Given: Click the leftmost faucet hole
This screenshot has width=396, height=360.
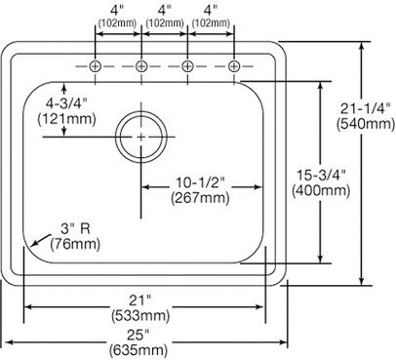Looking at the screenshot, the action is point(95,66).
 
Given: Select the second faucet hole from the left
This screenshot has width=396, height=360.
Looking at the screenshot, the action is point(141,66).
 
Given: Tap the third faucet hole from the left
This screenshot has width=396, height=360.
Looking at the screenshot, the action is point(187,66).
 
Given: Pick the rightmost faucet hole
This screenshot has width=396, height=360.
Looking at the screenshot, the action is point(234,66).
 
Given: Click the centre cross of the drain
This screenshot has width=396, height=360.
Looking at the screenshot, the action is point(141,138).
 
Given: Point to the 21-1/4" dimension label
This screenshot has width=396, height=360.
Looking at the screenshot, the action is point(366,108).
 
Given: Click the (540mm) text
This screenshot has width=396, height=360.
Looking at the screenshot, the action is point(366,124).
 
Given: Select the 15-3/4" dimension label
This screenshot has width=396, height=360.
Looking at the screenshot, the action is point(321,176).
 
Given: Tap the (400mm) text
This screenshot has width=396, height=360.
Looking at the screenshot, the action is point(321,191).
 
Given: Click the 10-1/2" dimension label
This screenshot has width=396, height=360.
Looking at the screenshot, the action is point(200,182).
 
